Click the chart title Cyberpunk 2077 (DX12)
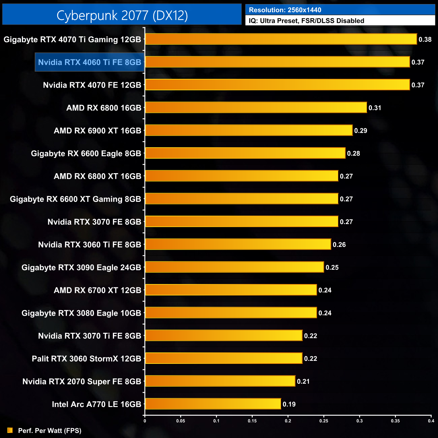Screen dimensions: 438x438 pyautogui.click(x=122, y=15)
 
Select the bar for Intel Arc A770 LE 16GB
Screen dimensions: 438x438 pyautogui.click(x=213, y=404)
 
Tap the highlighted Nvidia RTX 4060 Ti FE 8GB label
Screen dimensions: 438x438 pyautogui.click(x=90, y=62)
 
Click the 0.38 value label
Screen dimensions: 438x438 pyautogui.click(x=425, y=39)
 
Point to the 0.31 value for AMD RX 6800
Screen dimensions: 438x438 pyautogui.click(x=375, y=108)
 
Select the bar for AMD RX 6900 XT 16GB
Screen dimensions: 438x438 pyautogui.click(x=249, y=130)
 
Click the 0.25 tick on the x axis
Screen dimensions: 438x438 pyautogui.click(x=324, y=420)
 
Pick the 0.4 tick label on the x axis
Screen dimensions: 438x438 pyautogui.click(x=431, y=420)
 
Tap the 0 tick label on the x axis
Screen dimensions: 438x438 pyautogui.click(x=145, y=420)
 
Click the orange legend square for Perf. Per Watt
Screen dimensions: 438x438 pyautogui.click(x=10, y=430)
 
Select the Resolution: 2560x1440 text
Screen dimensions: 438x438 pyautogui.click(x=285, y=10)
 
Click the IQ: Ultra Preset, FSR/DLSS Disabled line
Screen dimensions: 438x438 pyautogui.click(x=306, y=21)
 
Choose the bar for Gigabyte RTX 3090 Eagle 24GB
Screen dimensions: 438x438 pyautogui.click(x=234, y=267)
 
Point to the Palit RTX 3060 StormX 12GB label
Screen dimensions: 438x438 pyautogui.click(x=86, y=358)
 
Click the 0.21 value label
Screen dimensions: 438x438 pyautogui.click(x=303, y=381)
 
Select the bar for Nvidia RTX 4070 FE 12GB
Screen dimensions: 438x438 pyautogui.click(x=277, y=85)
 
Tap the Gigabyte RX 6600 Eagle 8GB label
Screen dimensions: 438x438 pyautogui.click(x=86, y=153)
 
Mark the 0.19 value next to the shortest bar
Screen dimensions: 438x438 pyautogui.click(x=289, y=404)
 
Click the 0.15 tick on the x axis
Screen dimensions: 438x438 pyautogui.click(x=252, y=420)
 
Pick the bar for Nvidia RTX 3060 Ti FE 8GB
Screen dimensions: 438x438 pyautogui.click(x=238, y=244)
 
